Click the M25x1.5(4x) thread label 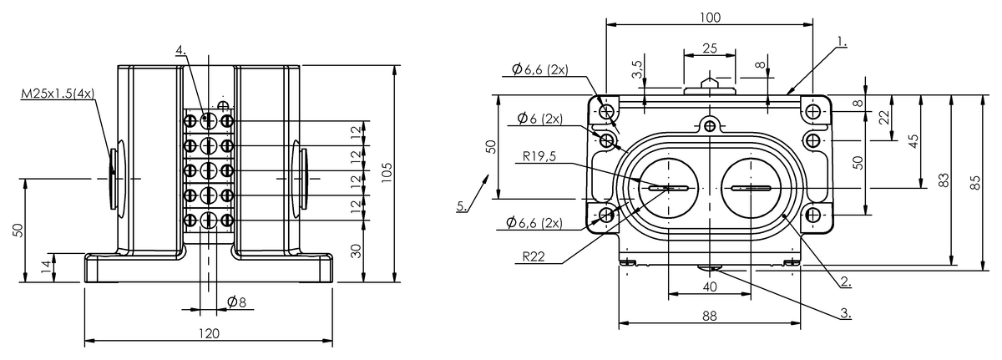click(57, 95)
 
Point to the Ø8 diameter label click(236, 302)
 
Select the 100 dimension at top click(710, 17)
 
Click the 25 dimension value click(710, 48)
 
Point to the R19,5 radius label click(542, 155)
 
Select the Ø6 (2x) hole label click(539, 118)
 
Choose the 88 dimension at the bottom click(710, 316)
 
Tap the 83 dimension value click(945, 180)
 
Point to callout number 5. click(463, 207)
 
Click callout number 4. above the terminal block click(180, 52)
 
